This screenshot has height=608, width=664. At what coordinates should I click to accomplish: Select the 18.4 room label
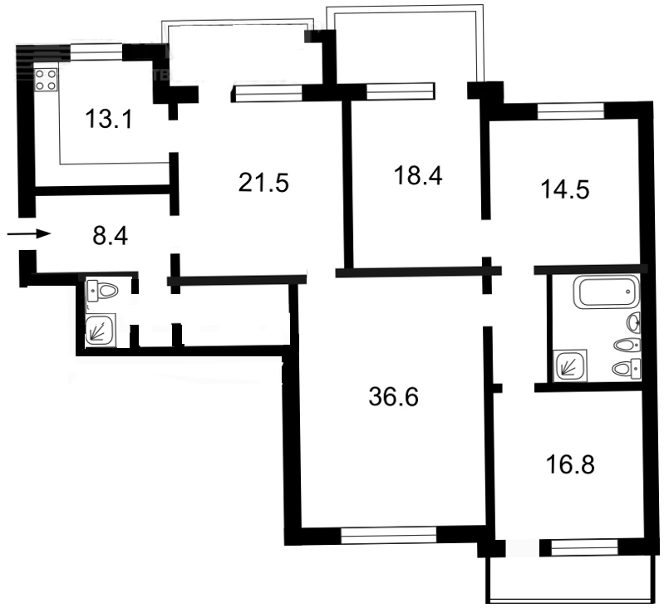416,175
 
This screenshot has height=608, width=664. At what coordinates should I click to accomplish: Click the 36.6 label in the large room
392,397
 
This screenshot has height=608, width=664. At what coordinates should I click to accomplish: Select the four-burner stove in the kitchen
46,80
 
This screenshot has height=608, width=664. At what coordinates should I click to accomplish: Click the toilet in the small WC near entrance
103,292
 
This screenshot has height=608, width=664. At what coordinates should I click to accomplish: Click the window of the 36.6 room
389,537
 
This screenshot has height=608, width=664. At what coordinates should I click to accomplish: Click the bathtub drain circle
628,294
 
